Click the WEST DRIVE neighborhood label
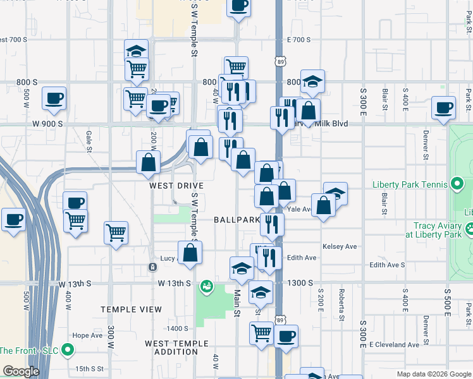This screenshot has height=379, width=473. click(x=176, y=186)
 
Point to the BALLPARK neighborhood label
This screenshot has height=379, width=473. click(x=236, y=220)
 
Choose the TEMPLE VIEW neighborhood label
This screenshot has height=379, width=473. click(x=131, y=310)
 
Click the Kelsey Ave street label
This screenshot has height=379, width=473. click(x=340, y=246)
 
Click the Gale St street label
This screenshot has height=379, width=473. click(x=89, y=141)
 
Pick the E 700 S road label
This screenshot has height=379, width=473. click(x=298, y=40)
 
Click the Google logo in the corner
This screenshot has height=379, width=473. click(x=21, y=371)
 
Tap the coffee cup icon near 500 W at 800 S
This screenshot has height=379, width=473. click(x=54, y=98)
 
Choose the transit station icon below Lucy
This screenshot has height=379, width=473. click(x=152, y=267)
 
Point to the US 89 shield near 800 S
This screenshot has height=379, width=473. click(x=281, y=61)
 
